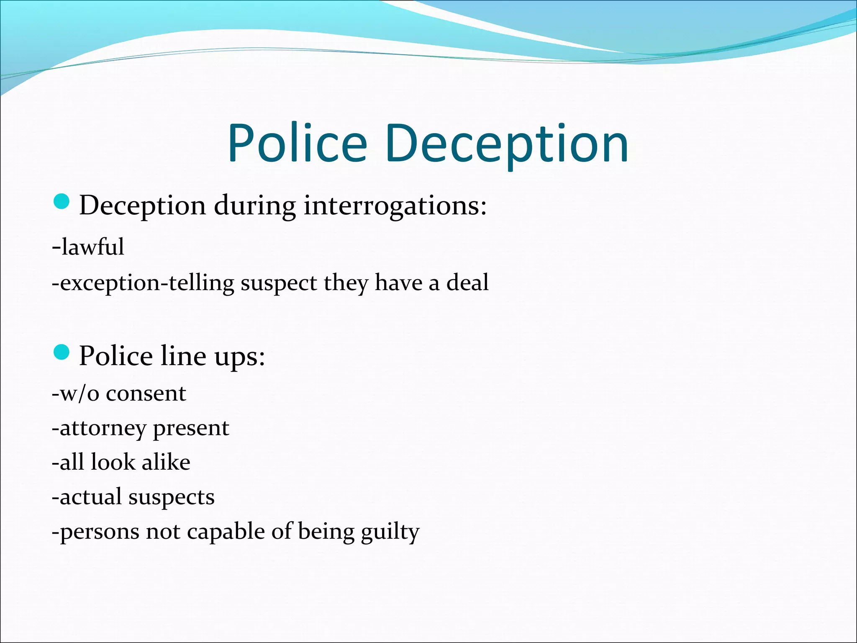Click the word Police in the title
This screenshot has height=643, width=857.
(297, 143)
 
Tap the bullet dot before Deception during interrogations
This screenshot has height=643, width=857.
(62, 202)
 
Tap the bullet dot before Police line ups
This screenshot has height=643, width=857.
(62, 352)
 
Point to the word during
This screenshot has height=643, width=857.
(255, 206)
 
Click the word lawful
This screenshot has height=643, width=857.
(92, 247)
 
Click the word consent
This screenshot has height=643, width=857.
(146, 394)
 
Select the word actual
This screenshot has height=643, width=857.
(91, 497)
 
